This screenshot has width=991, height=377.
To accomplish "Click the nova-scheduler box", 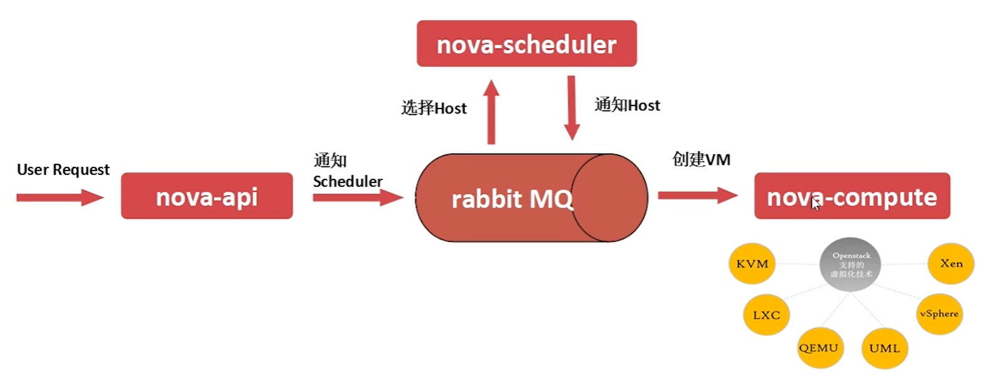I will point(527,44).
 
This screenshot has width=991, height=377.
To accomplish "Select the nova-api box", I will point(206,196).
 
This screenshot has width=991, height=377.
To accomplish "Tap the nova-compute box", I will point(852,196).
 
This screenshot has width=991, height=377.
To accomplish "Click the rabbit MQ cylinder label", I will point(512,199).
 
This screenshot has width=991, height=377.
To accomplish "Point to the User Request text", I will point(63,169).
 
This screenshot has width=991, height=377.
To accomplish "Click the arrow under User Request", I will point(60,198).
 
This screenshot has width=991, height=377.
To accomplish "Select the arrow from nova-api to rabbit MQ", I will point(357,198).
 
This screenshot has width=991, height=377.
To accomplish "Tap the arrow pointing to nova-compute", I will point(697,195).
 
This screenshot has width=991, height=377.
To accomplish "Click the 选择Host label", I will point(434,108).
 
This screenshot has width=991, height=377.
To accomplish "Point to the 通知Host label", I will point(627,105).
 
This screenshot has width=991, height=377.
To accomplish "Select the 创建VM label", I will point(701,159).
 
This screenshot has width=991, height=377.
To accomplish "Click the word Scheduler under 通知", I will point(348,181).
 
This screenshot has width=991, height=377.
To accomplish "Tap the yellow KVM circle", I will point(752,264).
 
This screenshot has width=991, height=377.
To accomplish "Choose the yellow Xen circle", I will point(951,263).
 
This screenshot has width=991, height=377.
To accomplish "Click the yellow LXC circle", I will point(766,315).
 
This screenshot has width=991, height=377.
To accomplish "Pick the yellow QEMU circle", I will point(818,348).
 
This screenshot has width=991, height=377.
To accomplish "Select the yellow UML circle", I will point(884,348).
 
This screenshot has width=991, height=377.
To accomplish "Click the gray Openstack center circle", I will point(851,264).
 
